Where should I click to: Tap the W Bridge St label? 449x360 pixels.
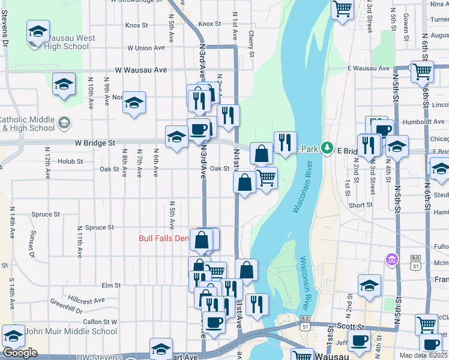[x=95, y=144]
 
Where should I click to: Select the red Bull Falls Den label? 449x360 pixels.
[x=164, y=238]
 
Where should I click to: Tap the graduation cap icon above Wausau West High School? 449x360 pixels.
[x=38, y=31]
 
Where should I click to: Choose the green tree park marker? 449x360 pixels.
[x=327, y=148]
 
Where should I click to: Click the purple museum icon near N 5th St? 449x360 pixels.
[x=391, y=259]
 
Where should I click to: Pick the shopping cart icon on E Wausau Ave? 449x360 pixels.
[x=422, y=71]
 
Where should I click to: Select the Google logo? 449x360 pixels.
[x=20, y=353]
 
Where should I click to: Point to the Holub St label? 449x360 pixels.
[x=70, y=161]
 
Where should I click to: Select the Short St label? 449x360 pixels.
[x=360, y=205]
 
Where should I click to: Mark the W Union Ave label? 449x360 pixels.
[x=146, y=48]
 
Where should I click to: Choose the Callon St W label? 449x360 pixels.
[x=100, y=322]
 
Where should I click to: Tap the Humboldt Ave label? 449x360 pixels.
[x=424, y=122]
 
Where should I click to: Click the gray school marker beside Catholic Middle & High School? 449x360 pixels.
[x=64, y=124]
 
